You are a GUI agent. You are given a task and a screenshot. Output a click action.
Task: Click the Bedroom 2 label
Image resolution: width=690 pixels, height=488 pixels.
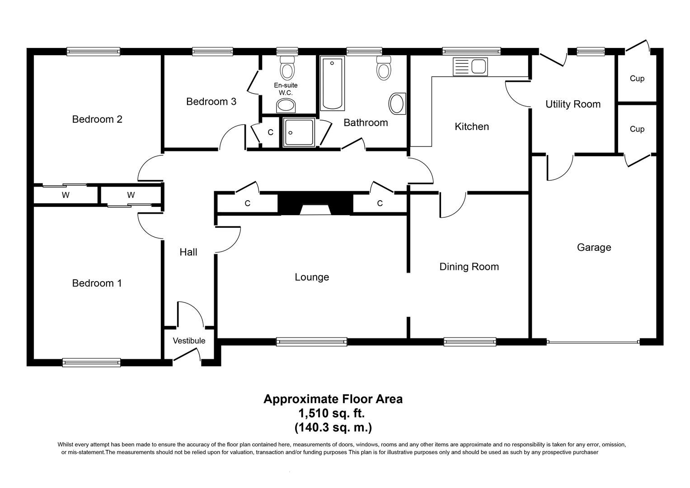pos(97,119)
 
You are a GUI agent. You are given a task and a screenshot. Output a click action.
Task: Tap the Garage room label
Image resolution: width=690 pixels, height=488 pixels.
pos(594,247)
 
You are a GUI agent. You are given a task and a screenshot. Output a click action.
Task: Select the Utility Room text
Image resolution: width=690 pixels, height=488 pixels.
pos(573,104)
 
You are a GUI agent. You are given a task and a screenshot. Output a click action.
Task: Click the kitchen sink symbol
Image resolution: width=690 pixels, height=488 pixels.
pos(470,67)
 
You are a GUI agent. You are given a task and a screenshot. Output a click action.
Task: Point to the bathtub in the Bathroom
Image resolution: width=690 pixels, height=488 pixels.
pos(332,84)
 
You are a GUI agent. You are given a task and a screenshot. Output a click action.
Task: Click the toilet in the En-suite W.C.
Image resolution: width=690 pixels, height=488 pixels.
pos(287,68)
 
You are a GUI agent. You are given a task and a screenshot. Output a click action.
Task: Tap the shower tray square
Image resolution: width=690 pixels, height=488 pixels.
pos(298,132)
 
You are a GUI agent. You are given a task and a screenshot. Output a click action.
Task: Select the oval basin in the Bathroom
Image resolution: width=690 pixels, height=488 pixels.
pos(397,103)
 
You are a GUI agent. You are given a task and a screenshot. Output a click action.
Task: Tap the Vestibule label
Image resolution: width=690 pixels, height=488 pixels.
pos(189,341)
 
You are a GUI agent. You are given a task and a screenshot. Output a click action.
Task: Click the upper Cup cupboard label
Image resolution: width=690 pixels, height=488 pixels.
pos(637,79)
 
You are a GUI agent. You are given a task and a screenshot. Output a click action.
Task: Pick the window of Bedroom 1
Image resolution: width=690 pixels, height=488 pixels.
pos(92,362)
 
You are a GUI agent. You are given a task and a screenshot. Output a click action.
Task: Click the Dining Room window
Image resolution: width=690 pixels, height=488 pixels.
pos(470,342)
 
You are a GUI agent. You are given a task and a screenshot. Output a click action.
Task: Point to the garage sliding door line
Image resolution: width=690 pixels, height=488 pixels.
pos(593,342)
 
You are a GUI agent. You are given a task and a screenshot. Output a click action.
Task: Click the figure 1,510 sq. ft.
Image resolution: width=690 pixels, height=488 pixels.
pos(331,413)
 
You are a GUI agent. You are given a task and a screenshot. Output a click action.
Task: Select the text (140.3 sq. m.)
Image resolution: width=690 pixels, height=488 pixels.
pos(333,427)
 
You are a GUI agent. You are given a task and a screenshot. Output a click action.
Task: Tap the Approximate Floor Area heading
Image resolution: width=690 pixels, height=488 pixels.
pos(333,399)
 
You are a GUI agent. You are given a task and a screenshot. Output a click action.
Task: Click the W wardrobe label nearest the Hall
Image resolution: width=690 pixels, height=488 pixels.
pos(131,195)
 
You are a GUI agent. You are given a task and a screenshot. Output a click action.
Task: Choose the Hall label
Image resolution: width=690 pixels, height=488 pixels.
pos(188,252)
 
